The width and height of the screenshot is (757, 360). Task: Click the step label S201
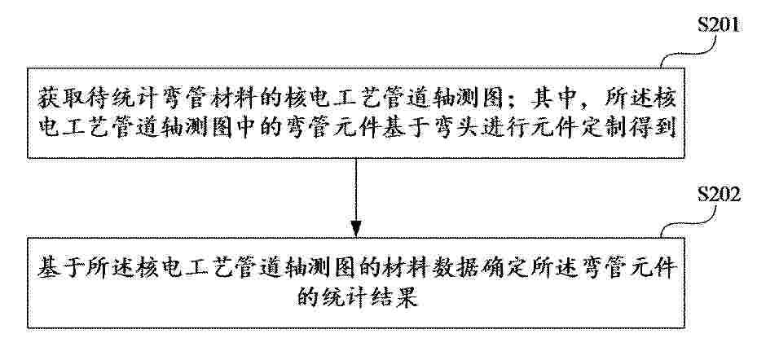tap(718, 25)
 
